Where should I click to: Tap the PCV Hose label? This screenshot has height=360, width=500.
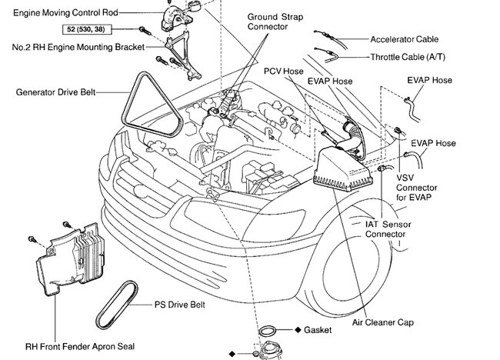point(285,71)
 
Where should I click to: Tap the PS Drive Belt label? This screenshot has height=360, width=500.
point(175,305)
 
